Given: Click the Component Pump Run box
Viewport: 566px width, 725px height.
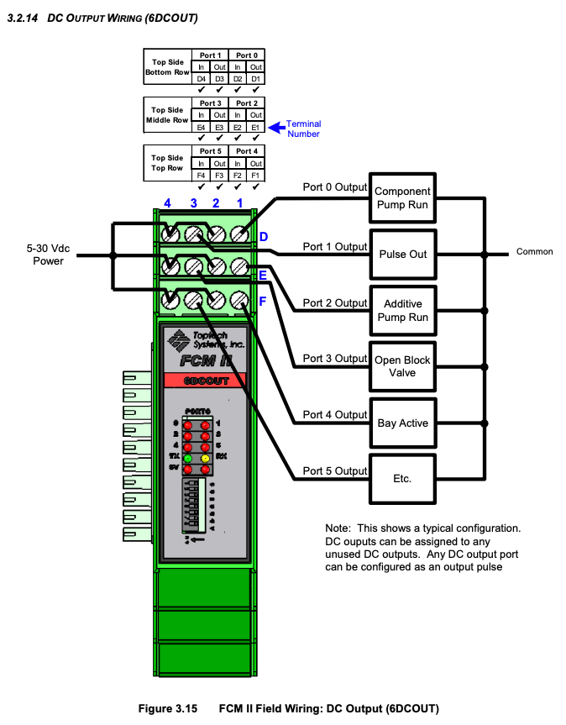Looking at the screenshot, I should pyautogui.click(x=402, y=198).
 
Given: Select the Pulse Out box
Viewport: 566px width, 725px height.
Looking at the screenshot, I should pyautogui.click(x=402, y=254).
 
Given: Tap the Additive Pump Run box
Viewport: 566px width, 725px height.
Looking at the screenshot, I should pyautogui.click(x=402, y=310).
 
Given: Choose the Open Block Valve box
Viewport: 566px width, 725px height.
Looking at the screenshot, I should pyautogui.click(x=402, y=366).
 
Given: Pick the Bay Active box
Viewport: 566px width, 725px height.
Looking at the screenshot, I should pyautogui.click(x=402, y=423).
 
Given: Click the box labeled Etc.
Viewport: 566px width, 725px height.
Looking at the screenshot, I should pyautogui.click(x=402, y=478).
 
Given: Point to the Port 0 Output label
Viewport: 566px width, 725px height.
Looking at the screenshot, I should pyautogui.click(x=335, y=187).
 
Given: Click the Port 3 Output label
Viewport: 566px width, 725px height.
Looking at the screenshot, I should pyautogui.click(x=335, y=359).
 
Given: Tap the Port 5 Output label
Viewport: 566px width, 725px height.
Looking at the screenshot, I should pyautogui.click(x=335, y=470).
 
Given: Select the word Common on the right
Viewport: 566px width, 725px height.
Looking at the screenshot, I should pyautogui.click(x=534, y=251).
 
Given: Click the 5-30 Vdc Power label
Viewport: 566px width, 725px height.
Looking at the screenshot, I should pyautogui.click(x=48, y=255).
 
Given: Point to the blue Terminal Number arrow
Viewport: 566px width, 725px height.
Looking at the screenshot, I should pyautogui.click(x=275, y=127).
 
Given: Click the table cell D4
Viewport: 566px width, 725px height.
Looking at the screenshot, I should pyautogui.click(x=201, y=78).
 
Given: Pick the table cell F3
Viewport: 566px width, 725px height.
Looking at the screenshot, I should pyautogui.click(x=219, y=175).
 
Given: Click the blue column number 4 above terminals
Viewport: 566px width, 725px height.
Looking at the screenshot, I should pyautogui.click(x=168, y=203).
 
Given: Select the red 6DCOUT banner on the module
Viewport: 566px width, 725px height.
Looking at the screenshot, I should pyautogui.click(x=206, y=381).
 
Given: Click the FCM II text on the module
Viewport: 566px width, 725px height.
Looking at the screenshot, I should pyautogui.click(x=207, y=361).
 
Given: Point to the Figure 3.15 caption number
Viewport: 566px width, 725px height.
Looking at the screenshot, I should pyautogui.click(x=167, y=708).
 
